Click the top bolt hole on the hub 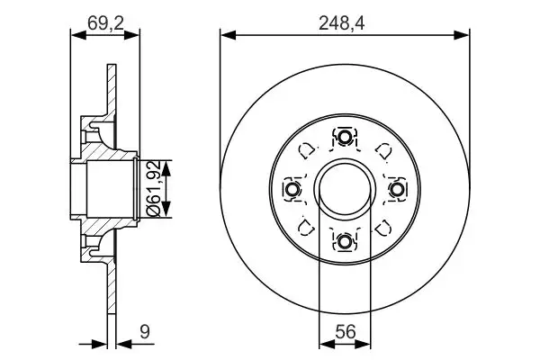345,138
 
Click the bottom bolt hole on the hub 345,240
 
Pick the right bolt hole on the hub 396,189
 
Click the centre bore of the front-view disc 345,189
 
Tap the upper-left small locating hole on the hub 307,151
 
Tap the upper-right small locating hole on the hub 382,151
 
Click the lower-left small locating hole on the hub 307,227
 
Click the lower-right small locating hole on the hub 382,227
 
